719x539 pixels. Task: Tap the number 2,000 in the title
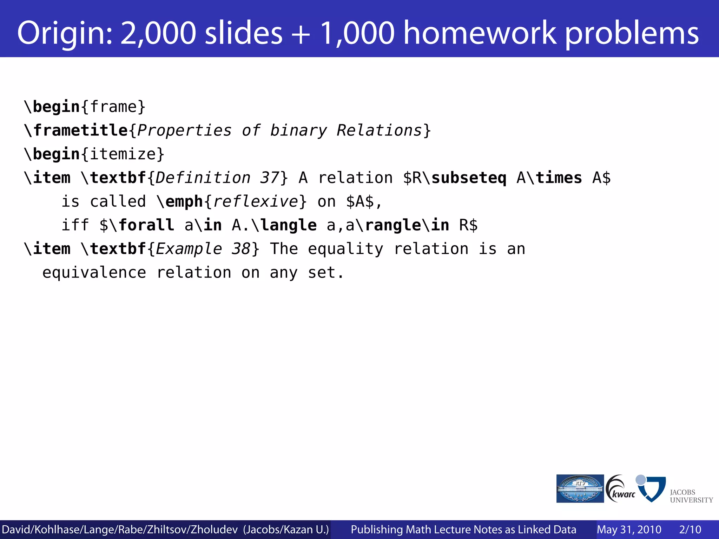(x=158, y=33)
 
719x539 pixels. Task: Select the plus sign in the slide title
(x=301, y=33)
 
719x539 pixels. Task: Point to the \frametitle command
(x=75, y=131)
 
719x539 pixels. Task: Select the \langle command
(x=284, y=225)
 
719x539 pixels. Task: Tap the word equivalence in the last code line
(x=94, y=273)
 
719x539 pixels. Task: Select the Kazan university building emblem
(x=580, y=488)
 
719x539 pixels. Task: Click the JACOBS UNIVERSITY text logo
(x=691, y=496)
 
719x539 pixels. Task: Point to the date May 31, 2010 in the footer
(x=629, y=530)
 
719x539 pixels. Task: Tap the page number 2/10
(x=690, y=530)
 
